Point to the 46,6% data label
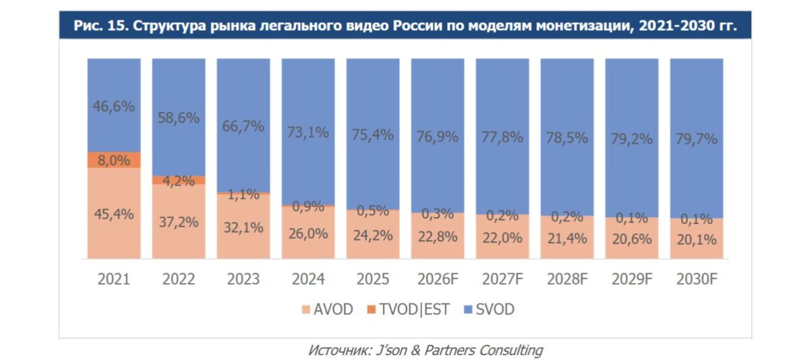click(114, 106)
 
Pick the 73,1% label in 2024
click(308, 132)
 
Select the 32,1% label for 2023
click(243, 227)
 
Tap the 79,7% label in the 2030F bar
click(696, 140)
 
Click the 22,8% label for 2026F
click(438, 236)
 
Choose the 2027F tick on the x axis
click(502, 278)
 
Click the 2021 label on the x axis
click(114, 278)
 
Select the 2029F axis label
click(631, 278)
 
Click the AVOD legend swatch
click(305, 309)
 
